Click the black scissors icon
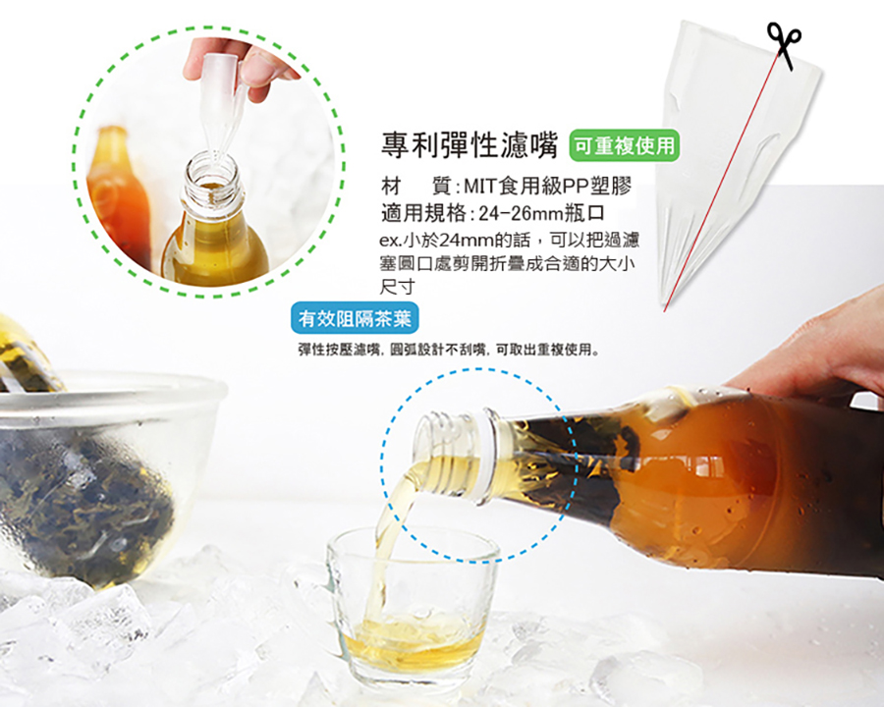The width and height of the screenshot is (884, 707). (x=784, y=45)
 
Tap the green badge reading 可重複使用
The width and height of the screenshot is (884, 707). (x=626, y=146)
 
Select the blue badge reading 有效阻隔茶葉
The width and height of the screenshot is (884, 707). (x=356, y=318)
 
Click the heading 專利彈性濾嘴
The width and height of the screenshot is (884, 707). (x=470, y=145)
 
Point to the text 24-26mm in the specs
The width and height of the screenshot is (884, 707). (x=521, y=214)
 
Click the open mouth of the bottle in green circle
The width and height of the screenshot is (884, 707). (x=212, y=171)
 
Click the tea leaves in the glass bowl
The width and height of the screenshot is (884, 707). (x=84, y=508)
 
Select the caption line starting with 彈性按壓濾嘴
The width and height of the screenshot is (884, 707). (x=449, y=350)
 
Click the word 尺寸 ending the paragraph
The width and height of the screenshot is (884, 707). (x=398, y=287)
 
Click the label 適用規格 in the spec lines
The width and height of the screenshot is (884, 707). (x=423, y=214)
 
